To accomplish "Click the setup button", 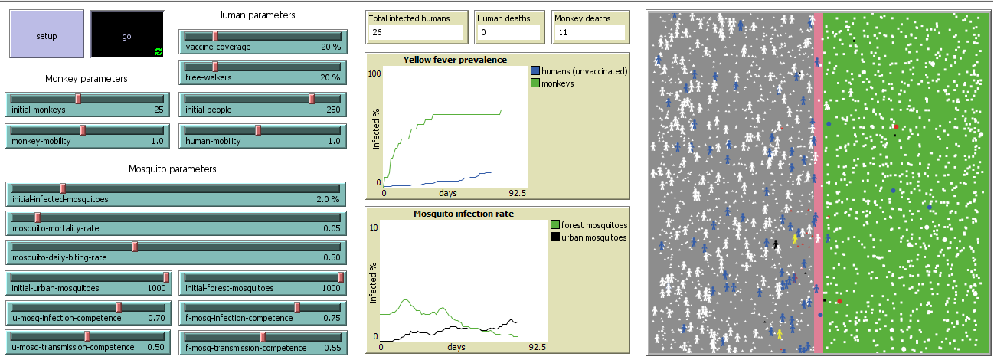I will tap(46, 35).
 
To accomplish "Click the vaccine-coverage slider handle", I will tap(215, 36).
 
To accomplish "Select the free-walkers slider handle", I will tap(215, 67).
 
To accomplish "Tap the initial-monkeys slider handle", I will tap(78, 99).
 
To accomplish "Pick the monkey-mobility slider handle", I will tap(83, 130).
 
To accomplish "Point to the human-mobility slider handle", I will tap(258, 130).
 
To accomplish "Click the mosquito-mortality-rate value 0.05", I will tap(330, 228).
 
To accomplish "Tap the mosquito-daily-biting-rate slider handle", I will tap(135, 247).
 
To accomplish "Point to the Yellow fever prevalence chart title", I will tap(455, 60).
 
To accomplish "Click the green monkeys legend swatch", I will tap(535, 83).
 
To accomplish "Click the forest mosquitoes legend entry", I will tap(593, 225).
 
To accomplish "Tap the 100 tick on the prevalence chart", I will tap(375, 74).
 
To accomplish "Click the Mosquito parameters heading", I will tap(172, 169).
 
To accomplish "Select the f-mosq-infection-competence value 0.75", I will tap(330, 318).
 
